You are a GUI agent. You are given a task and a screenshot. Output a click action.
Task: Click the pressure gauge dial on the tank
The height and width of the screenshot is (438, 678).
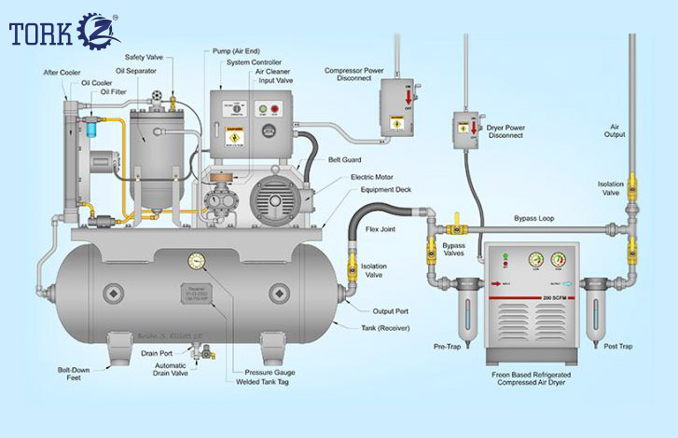pyautogui.click(x=197, y=260)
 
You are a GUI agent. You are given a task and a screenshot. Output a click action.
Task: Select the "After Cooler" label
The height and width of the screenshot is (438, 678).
pyautogui.click(x=60, y=71)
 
